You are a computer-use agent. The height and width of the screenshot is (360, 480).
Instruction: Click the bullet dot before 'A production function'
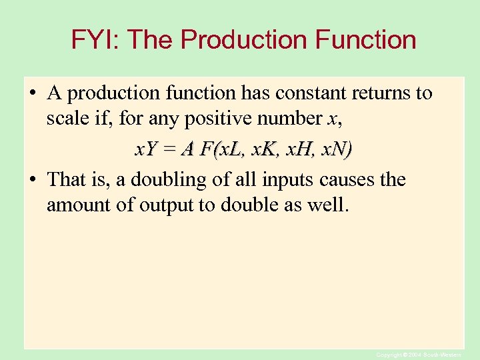point(32,94)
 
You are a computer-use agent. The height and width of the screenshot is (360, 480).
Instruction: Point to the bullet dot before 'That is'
point(32,180)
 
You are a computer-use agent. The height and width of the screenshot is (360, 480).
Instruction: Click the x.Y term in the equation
point(146,150)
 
